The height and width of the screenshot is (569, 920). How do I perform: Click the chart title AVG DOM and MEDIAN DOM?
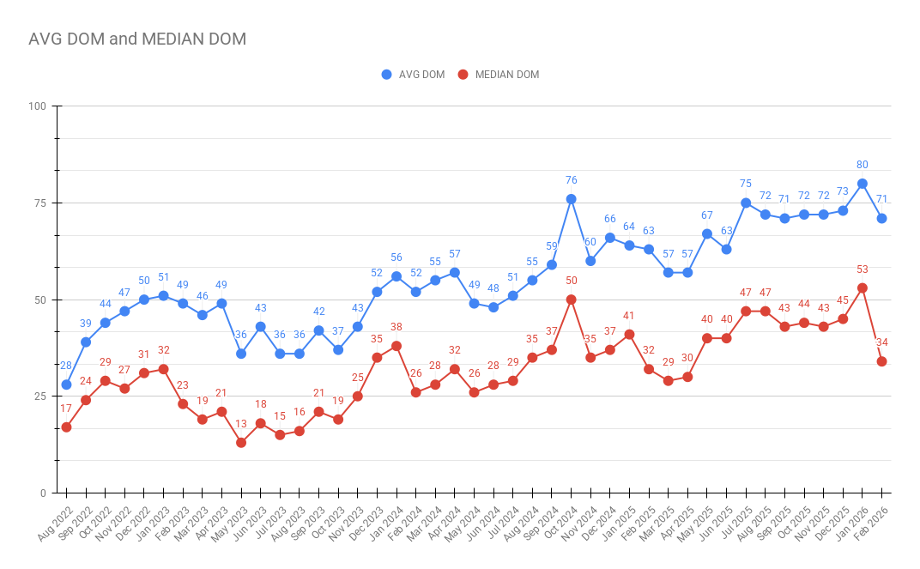[x=137, y=39]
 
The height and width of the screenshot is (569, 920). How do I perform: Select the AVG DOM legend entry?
[x=414, y=75]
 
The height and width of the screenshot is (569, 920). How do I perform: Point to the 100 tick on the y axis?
[x=38, y=106]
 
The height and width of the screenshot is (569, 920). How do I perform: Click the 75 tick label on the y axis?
[x=39, y=203]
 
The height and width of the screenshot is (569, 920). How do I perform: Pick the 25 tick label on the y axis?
[x=39, y=396]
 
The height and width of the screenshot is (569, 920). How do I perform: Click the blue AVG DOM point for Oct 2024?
[x=572, y=199]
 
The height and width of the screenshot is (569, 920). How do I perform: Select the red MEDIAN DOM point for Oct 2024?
[x=572, y=300]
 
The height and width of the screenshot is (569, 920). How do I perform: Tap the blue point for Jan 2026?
[x=862, y=184]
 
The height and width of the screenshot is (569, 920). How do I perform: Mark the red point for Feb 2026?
[x=881, y=361]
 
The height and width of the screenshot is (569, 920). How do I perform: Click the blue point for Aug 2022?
[x=66, y=384]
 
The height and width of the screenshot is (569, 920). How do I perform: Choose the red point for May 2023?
[x=241, y=443]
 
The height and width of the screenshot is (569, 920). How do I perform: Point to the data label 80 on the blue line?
[x=862, y=165]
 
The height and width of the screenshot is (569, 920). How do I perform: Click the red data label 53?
[x=862, y=269]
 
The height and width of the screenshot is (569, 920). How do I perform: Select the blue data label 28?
[x=66, y=366]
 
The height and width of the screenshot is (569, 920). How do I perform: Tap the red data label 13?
[x=241, y=424]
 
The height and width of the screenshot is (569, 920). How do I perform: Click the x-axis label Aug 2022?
[x=53, y=524]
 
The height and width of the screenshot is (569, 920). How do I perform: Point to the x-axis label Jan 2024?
[x=384, y=524]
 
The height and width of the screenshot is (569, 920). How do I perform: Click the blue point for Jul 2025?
[x=746, y=203]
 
